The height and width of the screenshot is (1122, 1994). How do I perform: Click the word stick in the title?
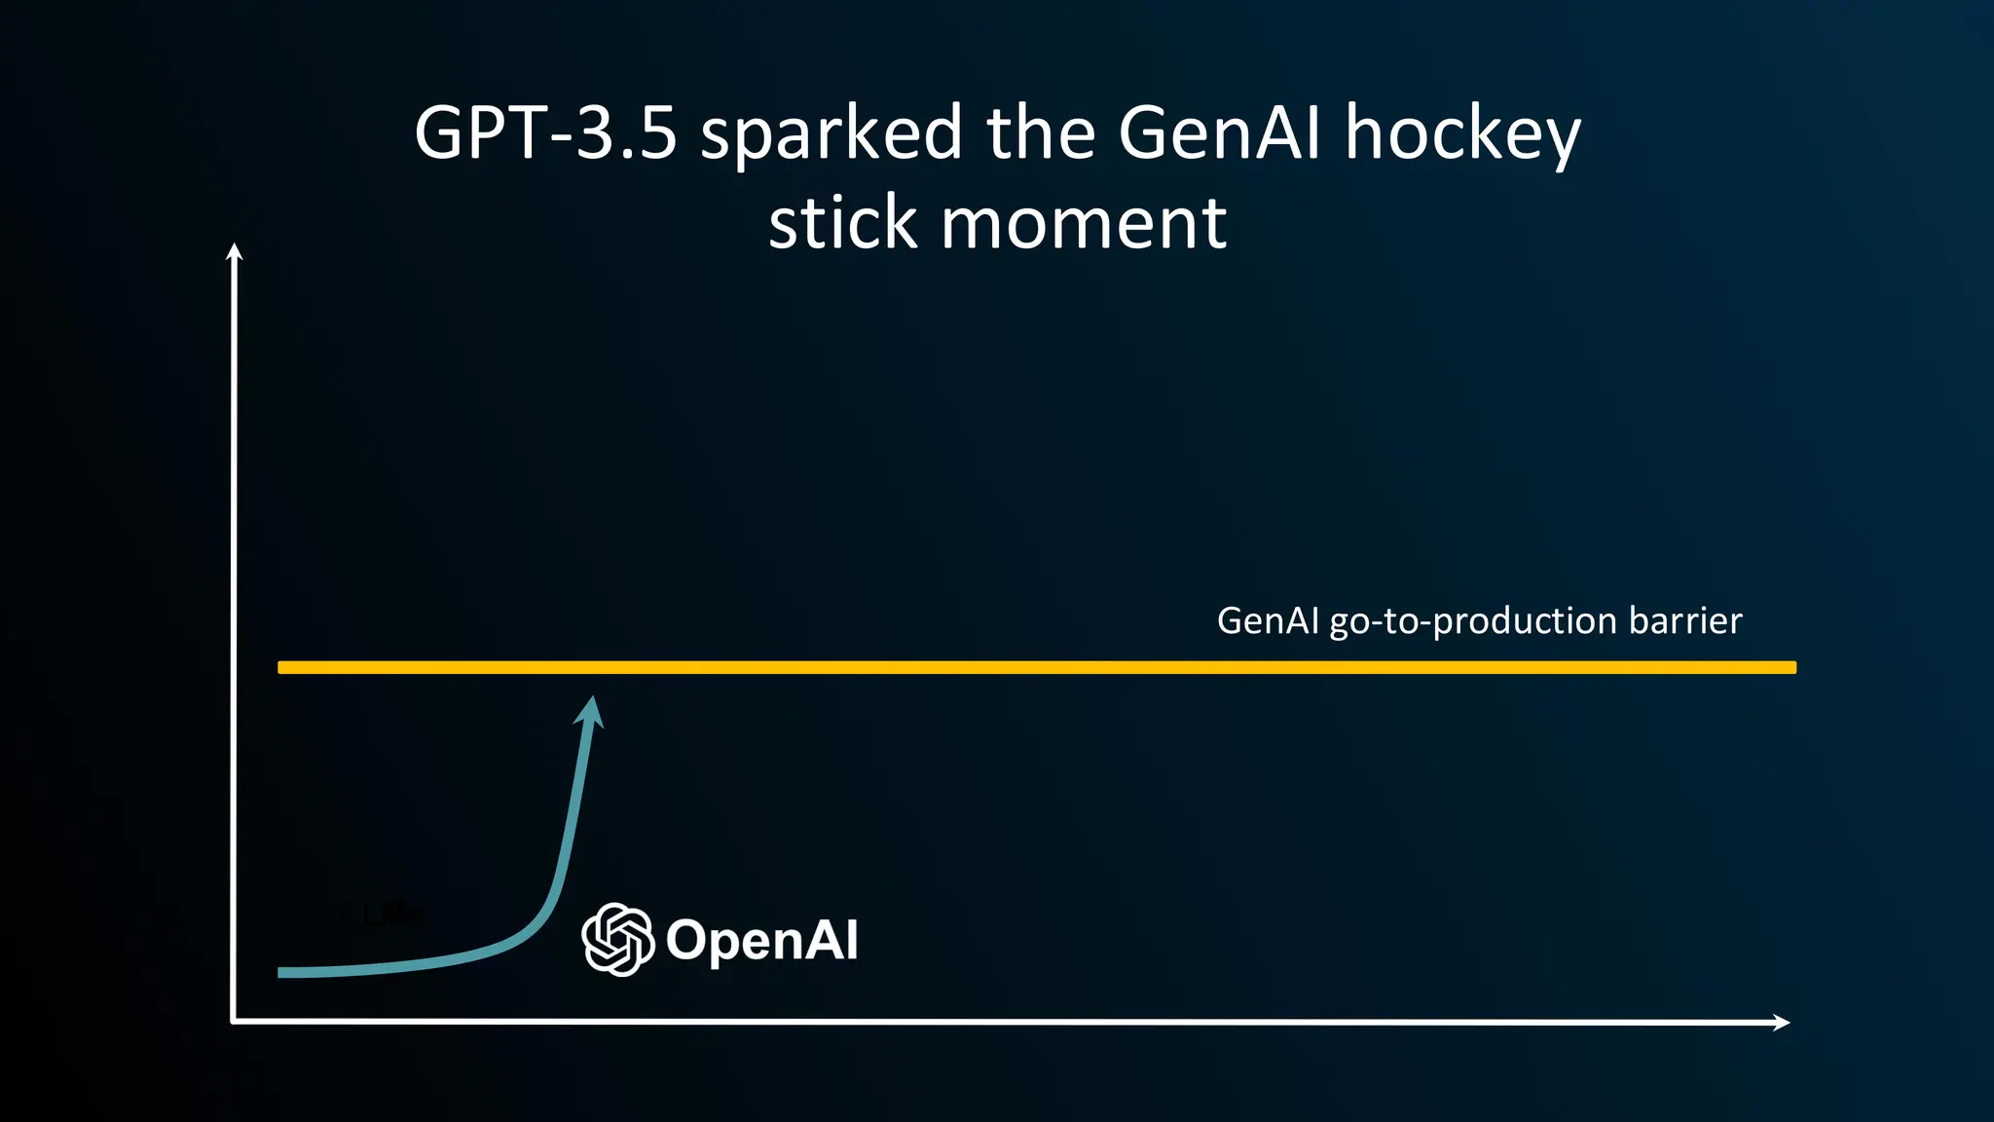click(x=843, y=224)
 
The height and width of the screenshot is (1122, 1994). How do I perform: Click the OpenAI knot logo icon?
click(x=617, y=939)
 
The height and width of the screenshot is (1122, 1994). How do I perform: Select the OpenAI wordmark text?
click(x=761, y=940)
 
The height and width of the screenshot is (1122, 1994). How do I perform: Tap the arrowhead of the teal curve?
click(x=591, y=711)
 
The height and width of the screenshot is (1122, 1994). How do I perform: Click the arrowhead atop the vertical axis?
click(x=234, y=251)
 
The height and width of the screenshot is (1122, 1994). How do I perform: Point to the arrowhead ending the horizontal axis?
click(x=1782, y=1022)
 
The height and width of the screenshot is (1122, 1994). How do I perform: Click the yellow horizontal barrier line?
click(x=1036, y=667)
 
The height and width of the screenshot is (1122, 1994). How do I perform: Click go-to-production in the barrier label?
click(x=1473, y=621)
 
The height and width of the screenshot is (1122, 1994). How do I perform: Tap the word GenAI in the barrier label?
click(x=1268, y=620)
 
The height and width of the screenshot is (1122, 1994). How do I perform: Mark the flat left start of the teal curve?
click(x=292, y=972)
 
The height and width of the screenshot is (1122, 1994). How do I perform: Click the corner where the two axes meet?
click(x=234, y=1021)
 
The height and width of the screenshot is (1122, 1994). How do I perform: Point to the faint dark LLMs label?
click(x=384, y=915)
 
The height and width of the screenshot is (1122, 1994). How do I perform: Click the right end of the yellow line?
click(x=1791, y=667)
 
